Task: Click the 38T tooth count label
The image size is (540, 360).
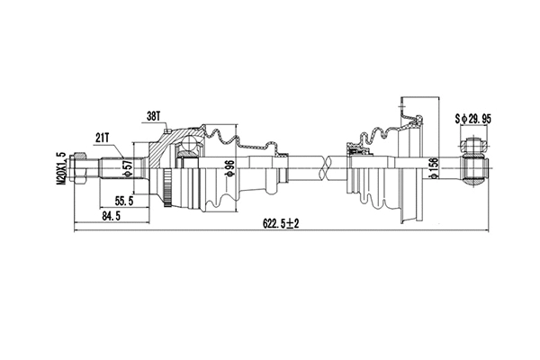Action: tap(152, 116)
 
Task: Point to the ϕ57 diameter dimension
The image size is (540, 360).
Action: tap(127, 167)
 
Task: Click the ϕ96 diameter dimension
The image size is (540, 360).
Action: tap(229, 168)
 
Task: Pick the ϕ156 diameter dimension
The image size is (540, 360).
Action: tap(434, 168)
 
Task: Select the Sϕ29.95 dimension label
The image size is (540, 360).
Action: tap(474, 117)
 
